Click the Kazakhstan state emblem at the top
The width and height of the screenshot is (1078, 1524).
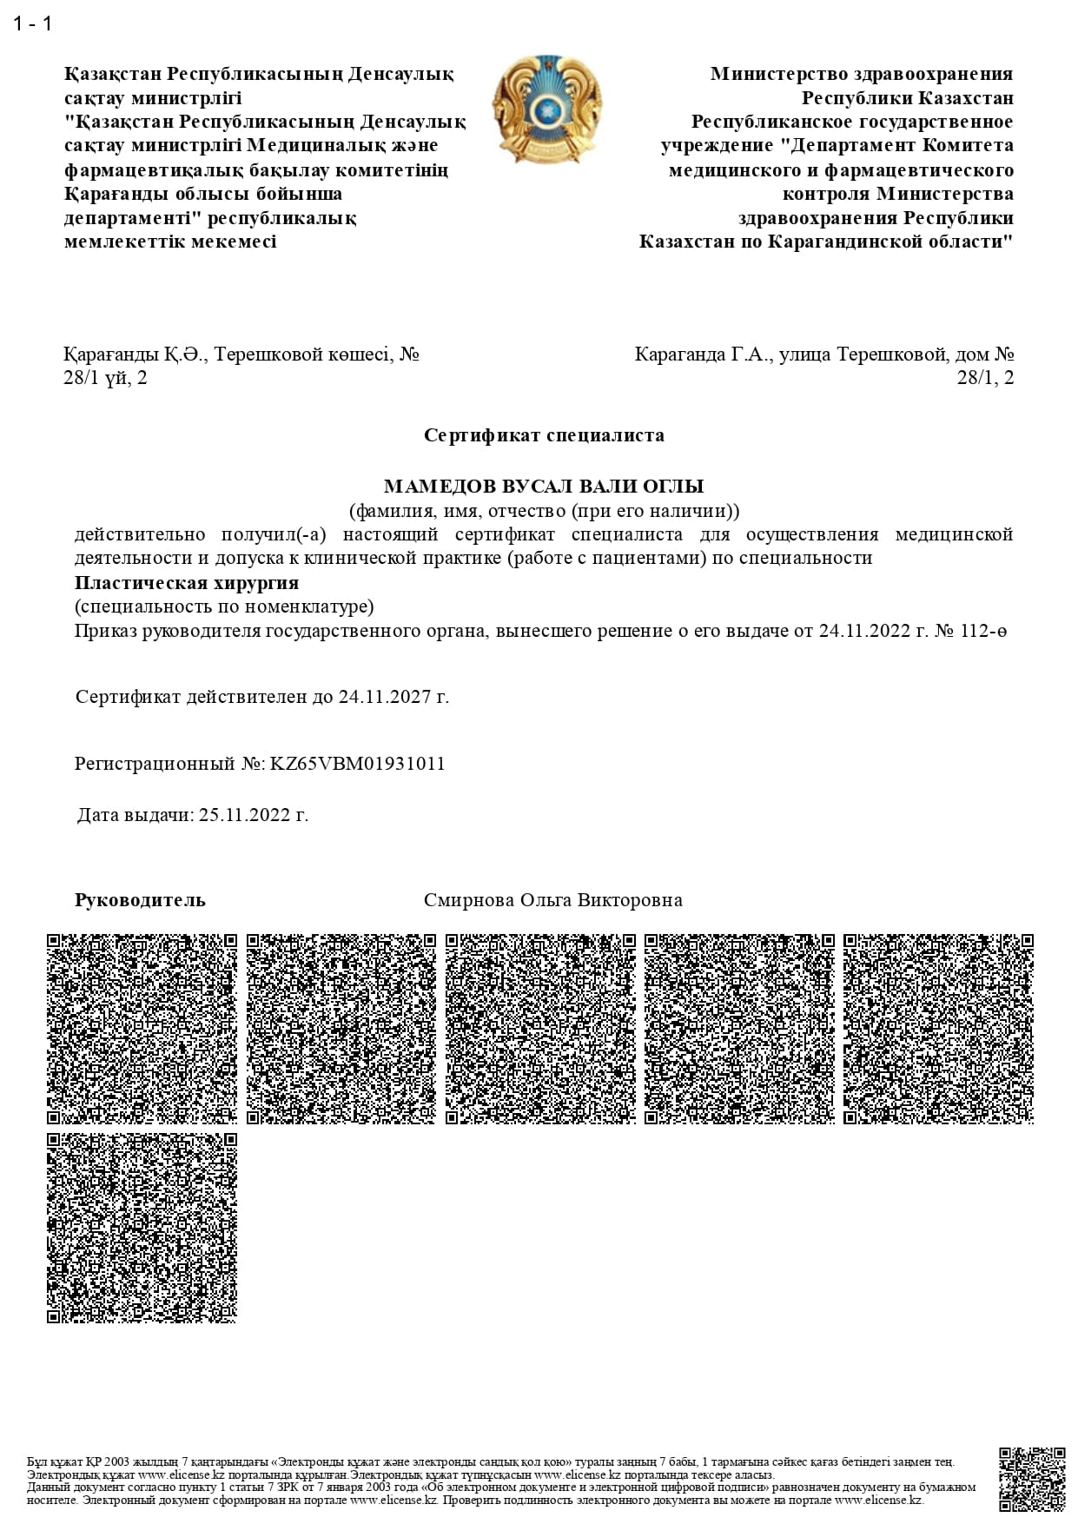pos(546,109)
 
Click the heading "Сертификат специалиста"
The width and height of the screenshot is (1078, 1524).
pos(544,435)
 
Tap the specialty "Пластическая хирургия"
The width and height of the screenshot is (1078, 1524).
pos(187,583)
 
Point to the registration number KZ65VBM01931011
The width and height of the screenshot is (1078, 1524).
pos(358,765)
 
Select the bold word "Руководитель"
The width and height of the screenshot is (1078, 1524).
pos(140,900)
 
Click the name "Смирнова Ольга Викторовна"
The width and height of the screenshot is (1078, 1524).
pos(552,900)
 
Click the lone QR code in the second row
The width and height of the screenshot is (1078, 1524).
pos(142,1228)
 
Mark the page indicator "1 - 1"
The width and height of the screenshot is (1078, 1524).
pos(33,23)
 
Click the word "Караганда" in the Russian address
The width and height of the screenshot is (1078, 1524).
pos(679,354)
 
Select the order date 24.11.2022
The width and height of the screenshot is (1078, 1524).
pos(864,631)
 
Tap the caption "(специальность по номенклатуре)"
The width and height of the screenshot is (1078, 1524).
pos(224,606)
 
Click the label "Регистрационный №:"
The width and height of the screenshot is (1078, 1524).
pos(169,765)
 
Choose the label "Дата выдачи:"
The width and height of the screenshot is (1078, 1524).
pos(136,815)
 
